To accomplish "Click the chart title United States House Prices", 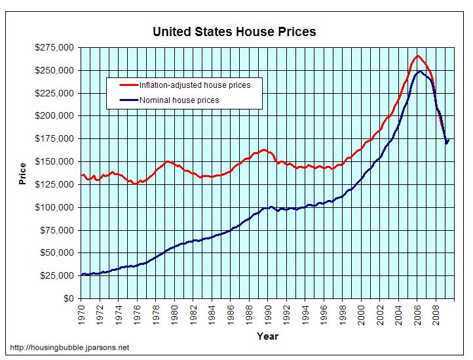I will coord(234,31).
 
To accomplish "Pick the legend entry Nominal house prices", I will coord(178,100).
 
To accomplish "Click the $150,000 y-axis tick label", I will coord(55,161).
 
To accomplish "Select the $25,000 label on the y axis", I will coord(58,275).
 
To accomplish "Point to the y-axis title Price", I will coord(23,173).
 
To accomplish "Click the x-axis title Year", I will coord(267,336).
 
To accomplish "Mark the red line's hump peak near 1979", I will coord(167,161).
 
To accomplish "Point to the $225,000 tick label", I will coord(55,93).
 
